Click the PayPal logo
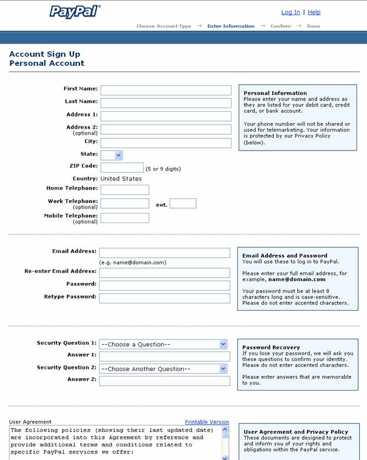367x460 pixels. click(x=75, y=12)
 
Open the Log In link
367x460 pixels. click(x=290, y=12)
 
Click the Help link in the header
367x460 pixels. click(x=314, y=12)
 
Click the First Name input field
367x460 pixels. click(x=166, y=91)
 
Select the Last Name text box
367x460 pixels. click(x=166, y=103)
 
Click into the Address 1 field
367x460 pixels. click(x=166, y=116)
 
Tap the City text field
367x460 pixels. click(x=166, y=143)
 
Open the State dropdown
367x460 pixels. click(x=111, y=155)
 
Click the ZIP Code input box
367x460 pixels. click(x=122, y=168)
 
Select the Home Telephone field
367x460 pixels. click(x=124, y=189)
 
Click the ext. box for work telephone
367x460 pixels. click(x=183, y=204)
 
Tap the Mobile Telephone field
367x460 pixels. click(x=124, y=218)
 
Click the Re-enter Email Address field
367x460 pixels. click(x=164, y=273)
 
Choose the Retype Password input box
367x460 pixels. click(x=164, y=298)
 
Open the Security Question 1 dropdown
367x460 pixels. click(x=163, y=344)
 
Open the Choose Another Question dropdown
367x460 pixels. click(x=163, y=369)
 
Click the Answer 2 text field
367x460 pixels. click(x=164, y=381)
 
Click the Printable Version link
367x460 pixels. click(x=207, y=422)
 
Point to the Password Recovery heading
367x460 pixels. click(x=271, y=348)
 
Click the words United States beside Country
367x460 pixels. click(x=121, y=179)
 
